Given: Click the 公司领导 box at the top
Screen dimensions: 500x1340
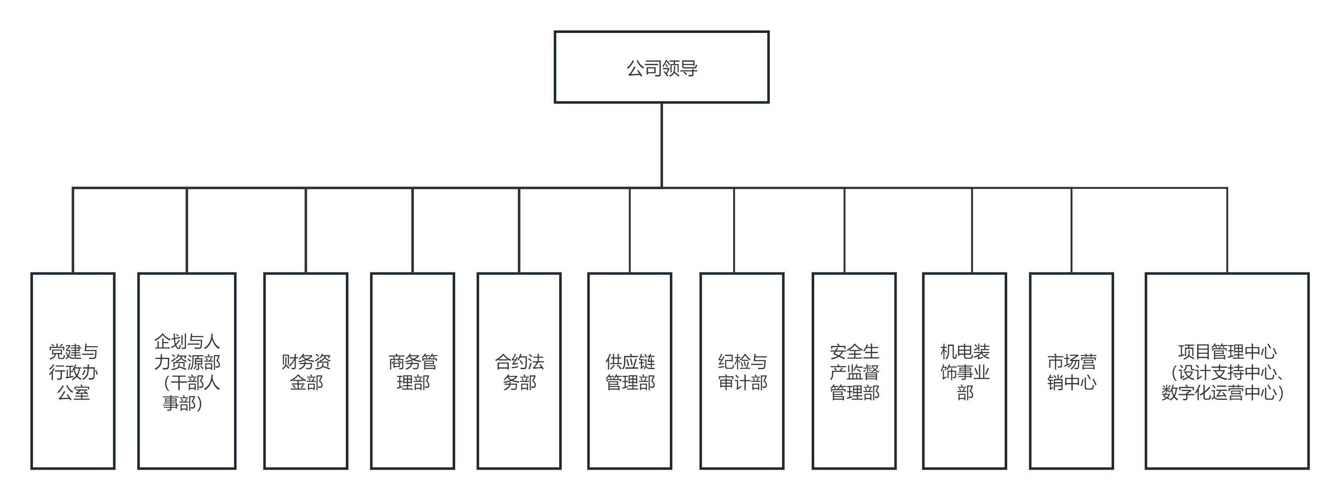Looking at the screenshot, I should [661, 67].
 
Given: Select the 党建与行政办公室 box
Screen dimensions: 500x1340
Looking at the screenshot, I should [73, 371].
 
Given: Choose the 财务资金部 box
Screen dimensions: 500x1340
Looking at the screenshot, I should [306, 371].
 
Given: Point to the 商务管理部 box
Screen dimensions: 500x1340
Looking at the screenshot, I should [413, 371].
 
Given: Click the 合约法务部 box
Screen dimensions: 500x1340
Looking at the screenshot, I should [519, 371].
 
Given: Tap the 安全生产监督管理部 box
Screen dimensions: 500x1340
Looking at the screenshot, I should [854, 371].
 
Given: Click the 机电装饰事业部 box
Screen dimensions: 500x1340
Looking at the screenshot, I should [965, 371].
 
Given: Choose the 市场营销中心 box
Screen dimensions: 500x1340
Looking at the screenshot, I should [1071, 371].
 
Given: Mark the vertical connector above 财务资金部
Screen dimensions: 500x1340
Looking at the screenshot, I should [306, 230].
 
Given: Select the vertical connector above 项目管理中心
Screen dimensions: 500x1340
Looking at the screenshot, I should [1228, 230].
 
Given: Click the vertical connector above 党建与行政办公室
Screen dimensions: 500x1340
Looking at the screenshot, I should [73, 230].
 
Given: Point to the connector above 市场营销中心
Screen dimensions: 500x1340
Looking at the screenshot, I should [1071, 230].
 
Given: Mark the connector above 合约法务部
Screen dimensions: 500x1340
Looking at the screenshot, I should [519, 230].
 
